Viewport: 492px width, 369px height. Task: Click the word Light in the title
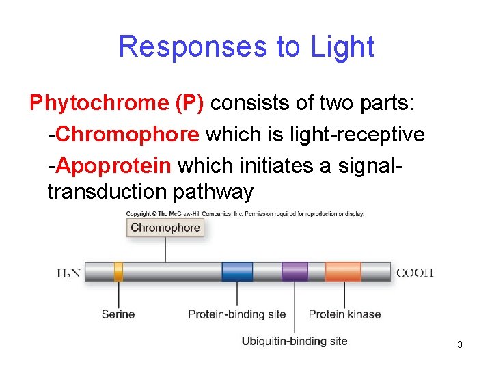point(342,47)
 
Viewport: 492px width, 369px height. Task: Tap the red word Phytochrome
point(98,103)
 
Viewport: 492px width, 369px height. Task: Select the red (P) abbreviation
point(189,103)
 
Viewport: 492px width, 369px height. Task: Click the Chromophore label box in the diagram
point(165,228)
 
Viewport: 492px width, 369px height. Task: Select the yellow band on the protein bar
point(118,272)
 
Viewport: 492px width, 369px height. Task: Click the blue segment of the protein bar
point(237,272)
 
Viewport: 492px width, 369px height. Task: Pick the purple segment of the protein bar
point(295,272)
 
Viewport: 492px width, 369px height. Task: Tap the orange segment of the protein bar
point(343,272)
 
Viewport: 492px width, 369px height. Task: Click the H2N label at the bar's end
point(68,273)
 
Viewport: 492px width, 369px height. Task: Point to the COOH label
point(415,273)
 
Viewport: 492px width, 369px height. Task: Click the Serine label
point(118,314)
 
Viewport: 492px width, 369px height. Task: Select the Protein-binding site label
point(237,314)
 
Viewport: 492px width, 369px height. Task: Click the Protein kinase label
point(344,314)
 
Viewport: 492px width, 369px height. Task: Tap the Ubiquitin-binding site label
point(295,341)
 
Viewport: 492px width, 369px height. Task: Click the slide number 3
point(460,344)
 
